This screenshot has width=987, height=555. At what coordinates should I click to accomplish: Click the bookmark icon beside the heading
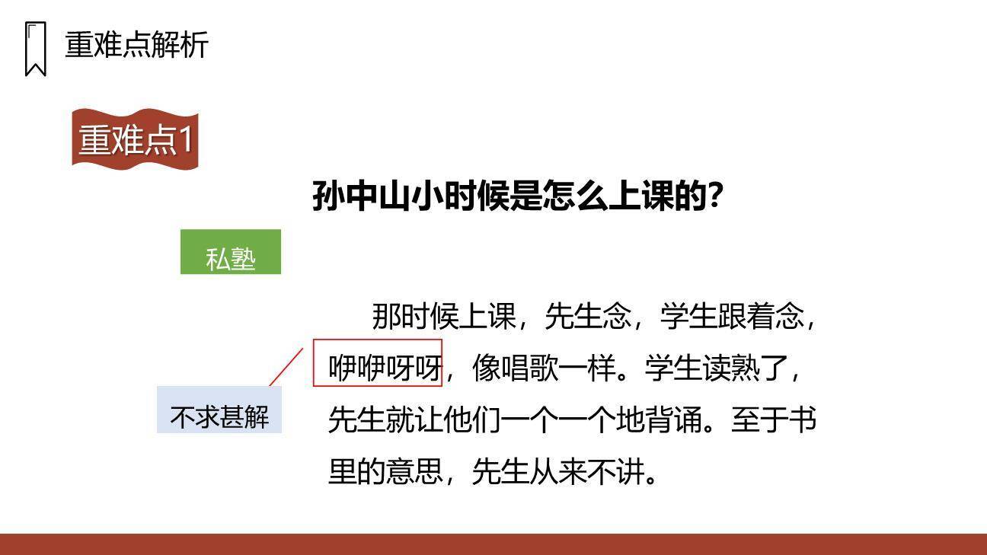tap(35, 49)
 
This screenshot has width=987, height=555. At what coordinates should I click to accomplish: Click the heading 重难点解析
tap(136, 45)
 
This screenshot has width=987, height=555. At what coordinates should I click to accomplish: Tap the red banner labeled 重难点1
tap(136, 139)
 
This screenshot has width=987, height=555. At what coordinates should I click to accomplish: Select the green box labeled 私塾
tap(230, 252)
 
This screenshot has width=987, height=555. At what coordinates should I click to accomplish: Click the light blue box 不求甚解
tap(219, 410)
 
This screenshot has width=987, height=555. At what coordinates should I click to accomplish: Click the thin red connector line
tap(286, 367)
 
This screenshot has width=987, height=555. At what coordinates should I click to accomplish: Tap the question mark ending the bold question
tap(715, 196)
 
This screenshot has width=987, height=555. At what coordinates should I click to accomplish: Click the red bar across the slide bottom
tap(493, 544)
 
